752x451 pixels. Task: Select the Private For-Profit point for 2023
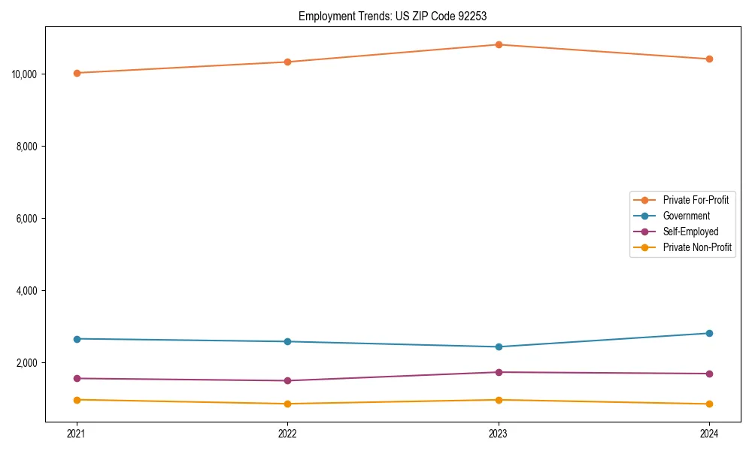498,44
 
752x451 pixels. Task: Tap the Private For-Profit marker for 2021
77,73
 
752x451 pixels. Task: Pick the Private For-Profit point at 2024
709,59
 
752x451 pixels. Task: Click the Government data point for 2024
709,333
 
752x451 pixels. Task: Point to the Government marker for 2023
498,347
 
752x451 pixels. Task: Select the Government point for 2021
77,339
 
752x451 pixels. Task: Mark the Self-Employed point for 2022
287,380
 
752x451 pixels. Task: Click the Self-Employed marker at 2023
498,372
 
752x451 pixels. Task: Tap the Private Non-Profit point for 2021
77,400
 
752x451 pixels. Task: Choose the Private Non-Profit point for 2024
709,404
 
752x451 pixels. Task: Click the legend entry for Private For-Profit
696,200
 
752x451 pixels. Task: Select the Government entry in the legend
686,216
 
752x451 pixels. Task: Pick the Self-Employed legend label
690,232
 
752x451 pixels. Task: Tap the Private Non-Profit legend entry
697,247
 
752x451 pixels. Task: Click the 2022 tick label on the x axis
287,433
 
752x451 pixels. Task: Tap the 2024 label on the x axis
709,433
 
